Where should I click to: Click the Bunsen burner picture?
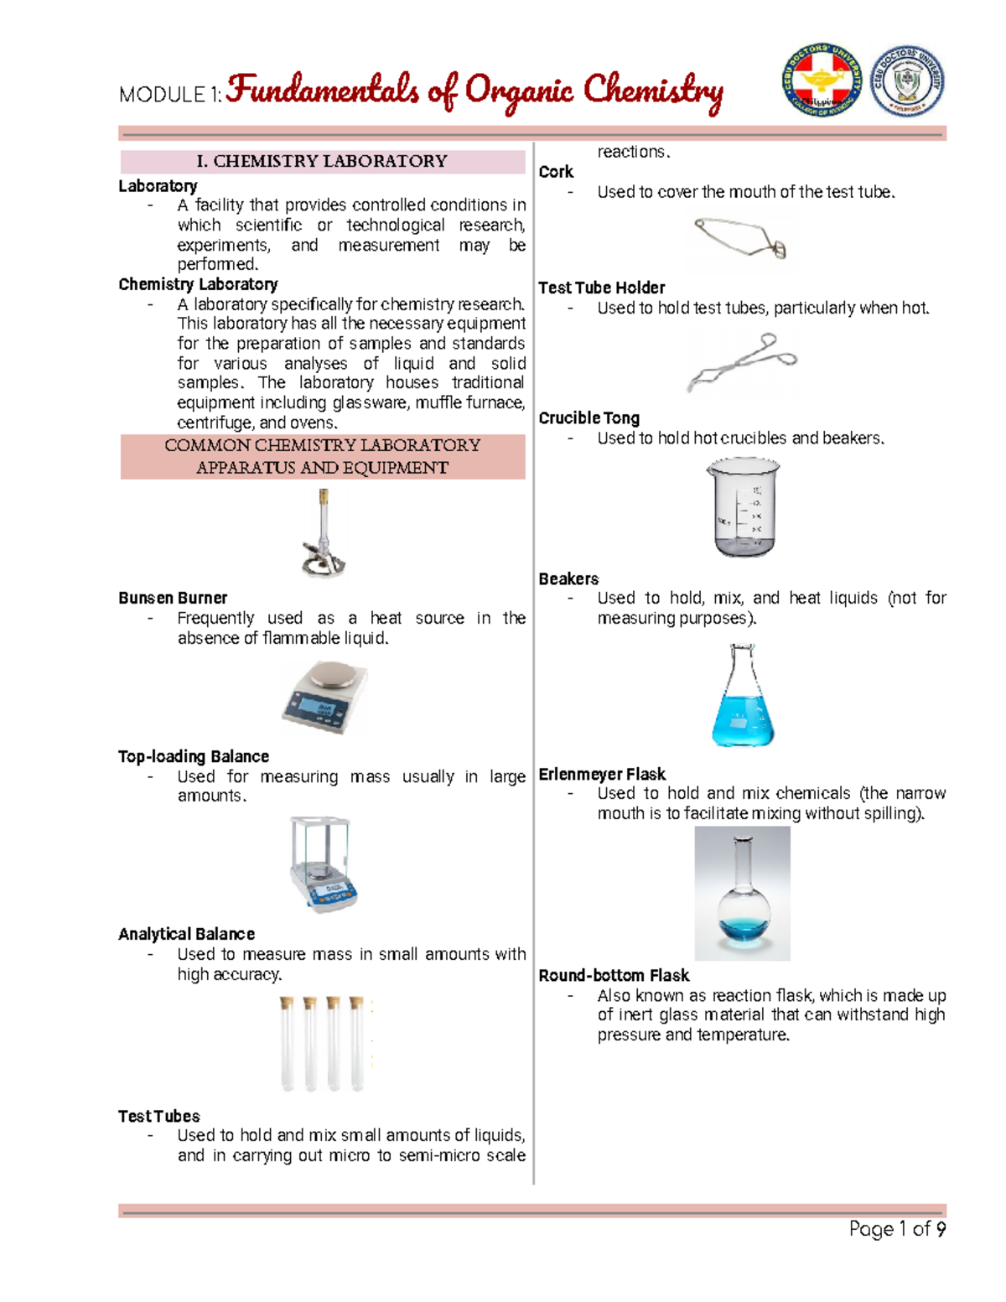(324, 534)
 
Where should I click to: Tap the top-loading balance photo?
(324, 698)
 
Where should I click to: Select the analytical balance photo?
(323, 864)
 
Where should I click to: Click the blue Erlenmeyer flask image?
(743, 696)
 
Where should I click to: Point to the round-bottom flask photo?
(742, 894)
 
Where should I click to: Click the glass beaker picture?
(742, 507)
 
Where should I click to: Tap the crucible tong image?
(742, 364)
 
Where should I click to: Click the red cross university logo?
(821, 81)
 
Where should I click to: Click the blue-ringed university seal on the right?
(907, 81)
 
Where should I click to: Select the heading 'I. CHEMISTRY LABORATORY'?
(322, 161)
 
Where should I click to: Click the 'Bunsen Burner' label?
(173, 598)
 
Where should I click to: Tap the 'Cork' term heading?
(556, 172)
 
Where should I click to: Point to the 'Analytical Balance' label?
(186, 934)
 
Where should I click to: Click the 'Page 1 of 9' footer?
(897, 1229)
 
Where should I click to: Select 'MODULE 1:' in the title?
(170, 95)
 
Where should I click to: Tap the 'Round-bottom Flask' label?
(614, 975)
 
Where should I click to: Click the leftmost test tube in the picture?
(288, 1044)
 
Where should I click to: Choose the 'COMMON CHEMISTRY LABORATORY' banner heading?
(322, 445)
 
